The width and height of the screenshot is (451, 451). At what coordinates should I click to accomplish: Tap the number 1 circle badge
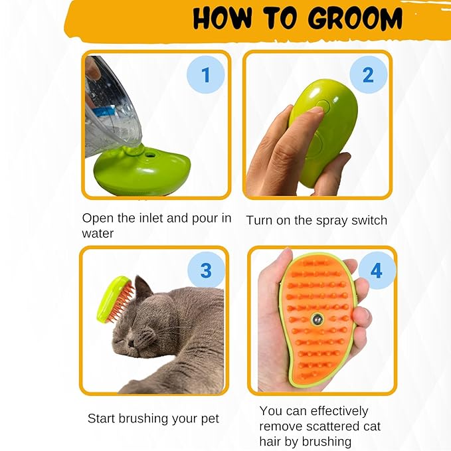(205, 74)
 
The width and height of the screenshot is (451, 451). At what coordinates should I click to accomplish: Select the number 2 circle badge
(367, 74)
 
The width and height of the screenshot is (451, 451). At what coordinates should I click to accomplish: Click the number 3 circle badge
(206, 270)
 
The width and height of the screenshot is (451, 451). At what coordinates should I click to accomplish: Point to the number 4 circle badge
(376, 271)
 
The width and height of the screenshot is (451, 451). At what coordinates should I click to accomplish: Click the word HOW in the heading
(223, 19)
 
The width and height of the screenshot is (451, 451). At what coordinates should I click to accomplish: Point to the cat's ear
(142, 290)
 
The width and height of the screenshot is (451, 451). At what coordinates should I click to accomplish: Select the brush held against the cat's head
(113, 300)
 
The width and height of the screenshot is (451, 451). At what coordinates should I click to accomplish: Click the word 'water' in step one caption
(98, 233)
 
